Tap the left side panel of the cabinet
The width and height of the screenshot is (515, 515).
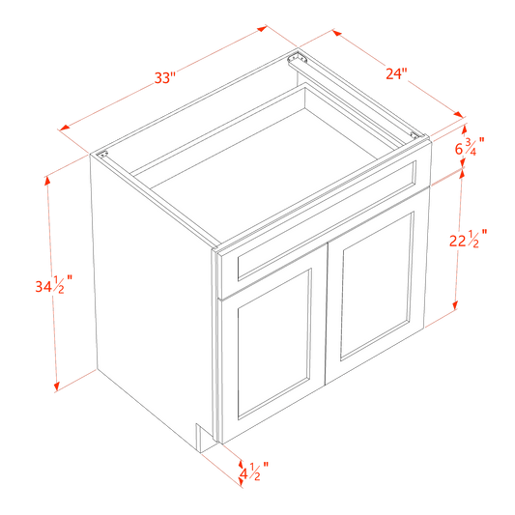[x=150, y=290]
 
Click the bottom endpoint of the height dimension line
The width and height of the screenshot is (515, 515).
[x=58, y=387]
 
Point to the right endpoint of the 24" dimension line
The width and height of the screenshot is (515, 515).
[x=465, y=121]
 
